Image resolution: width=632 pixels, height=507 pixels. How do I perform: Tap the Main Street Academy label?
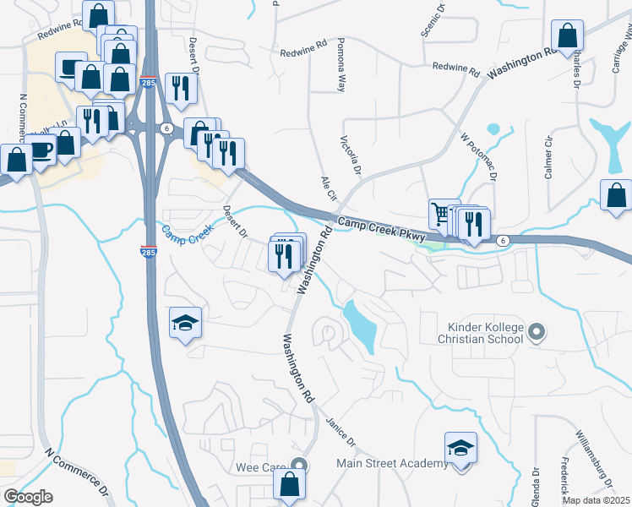(x=392, y=463)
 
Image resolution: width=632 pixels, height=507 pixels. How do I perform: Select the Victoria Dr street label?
(x=351, y=156)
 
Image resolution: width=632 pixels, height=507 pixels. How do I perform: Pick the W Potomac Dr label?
(x=478, y=155)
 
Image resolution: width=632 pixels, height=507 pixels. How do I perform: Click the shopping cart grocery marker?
(x=439, y=215)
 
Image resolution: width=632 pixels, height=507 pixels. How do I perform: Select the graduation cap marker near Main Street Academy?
(x=460, y=447)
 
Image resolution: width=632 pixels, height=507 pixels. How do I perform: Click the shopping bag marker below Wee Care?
(x=288, y=485)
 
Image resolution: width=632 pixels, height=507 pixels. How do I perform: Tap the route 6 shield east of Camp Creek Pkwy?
(x=503, y=241)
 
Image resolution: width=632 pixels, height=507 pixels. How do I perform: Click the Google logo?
(x=28, y=497)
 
